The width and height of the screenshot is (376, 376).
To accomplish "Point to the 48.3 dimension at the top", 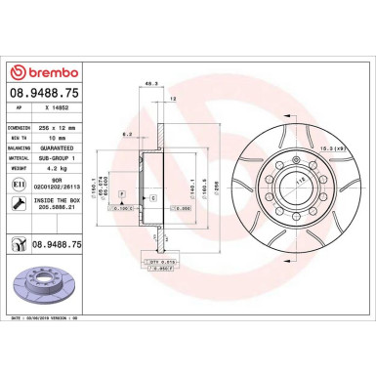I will pyautogui.click(x=149, y=84).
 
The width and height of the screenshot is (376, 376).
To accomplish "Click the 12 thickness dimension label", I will pyautogui.click(x=173, y=99).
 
